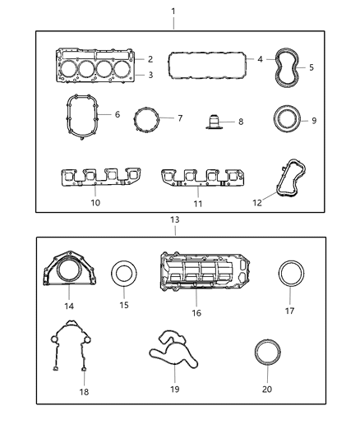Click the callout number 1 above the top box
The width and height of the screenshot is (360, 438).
point(173,11)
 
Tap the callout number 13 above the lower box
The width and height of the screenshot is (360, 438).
point(173,220)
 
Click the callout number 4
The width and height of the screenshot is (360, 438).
point(260,59)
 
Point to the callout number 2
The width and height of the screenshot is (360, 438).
point(150,59)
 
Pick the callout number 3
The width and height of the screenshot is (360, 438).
point(150,76)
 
